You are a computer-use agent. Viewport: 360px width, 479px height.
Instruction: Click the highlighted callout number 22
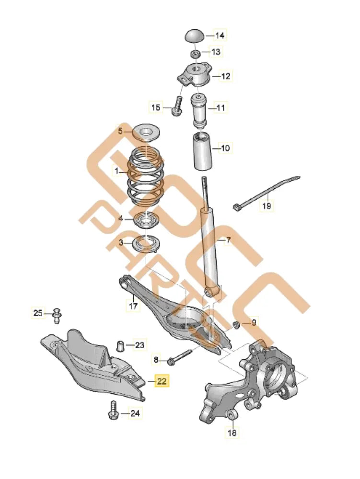tap(162, 381)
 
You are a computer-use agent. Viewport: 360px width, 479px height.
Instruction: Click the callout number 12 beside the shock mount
tap(225, 76)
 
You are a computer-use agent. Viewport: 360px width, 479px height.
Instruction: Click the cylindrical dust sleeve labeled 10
tap(203, 152)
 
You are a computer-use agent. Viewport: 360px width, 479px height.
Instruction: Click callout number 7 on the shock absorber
tap(228, 240)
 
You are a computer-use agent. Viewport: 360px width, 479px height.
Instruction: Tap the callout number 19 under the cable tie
tap(267, 206)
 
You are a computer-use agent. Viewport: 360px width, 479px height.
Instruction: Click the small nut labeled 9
tap(237, 326)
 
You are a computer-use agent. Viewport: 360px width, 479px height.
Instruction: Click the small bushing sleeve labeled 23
tap(122, 345)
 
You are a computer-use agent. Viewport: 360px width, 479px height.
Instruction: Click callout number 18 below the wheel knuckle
tap(232, 433)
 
